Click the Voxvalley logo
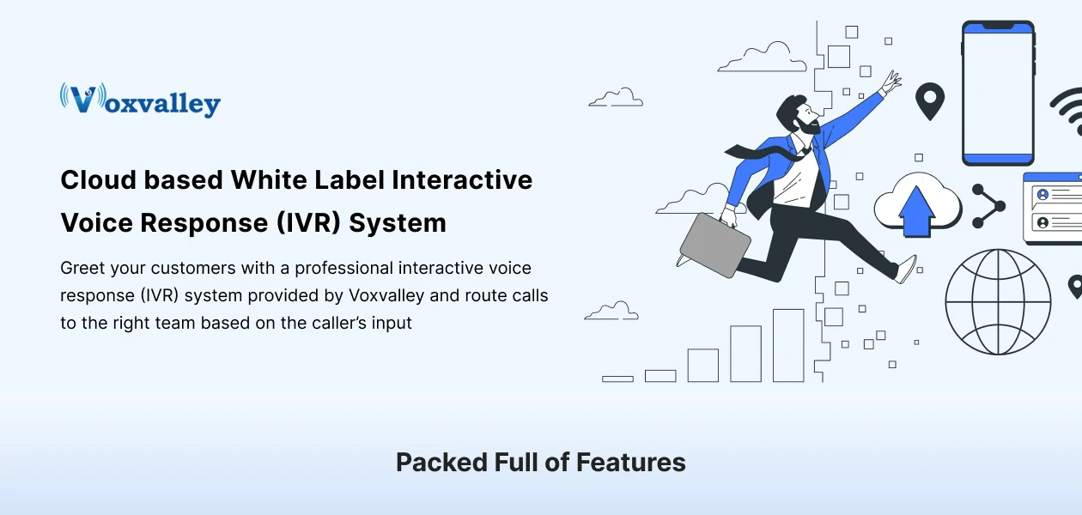tap(140, 100)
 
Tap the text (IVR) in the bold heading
tap(308, 223)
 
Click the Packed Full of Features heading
tap(540, 463)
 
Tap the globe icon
tap(997, 301)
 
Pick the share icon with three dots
tap(988, 206)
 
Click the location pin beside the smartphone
tap(929, 100)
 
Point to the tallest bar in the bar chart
tap(788, 345)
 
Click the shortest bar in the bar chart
tap(617, 379)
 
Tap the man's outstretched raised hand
tap(891, 83)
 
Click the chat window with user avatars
tap(1053, 208)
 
